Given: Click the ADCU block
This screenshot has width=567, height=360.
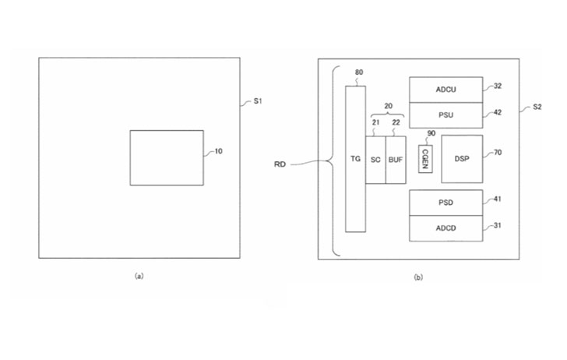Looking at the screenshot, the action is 445,90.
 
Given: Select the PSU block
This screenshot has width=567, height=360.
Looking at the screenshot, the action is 445,115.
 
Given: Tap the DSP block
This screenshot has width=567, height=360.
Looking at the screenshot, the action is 462,159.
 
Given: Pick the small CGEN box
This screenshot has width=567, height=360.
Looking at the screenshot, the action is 425,159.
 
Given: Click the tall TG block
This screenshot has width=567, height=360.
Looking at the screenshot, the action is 355,159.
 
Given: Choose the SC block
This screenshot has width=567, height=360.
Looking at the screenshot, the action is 375,160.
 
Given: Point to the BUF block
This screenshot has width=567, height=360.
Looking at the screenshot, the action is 396,160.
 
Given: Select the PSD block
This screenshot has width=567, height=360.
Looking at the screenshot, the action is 445,203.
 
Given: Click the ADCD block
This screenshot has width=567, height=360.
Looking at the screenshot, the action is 445,228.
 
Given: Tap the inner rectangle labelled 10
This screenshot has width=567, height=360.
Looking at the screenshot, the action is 167,157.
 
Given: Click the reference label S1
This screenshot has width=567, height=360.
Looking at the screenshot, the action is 258,101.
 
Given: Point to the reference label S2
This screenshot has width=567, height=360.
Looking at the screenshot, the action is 537,107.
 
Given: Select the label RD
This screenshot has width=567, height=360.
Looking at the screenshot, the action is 280,164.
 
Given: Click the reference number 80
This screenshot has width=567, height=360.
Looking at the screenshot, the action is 359,72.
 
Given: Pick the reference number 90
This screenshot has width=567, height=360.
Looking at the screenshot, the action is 431,133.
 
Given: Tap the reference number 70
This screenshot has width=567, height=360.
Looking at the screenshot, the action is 498,153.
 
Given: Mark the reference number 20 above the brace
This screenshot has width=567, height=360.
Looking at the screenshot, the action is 388,106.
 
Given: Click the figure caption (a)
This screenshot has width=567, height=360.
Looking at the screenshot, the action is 139,276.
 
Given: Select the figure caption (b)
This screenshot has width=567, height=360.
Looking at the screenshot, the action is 418,277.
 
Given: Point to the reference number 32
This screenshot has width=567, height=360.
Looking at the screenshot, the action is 498,86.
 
